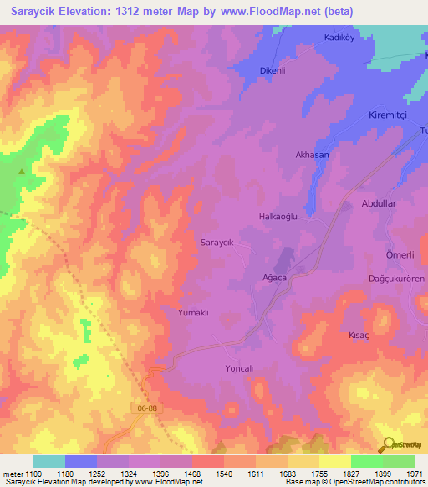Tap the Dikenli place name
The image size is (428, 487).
(x=273, y=71)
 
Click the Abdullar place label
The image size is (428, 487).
(x=378, y=203)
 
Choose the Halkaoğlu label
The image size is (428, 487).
(x=278, y=216)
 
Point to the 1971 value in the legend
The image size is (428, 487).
(x=413, y=474)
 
